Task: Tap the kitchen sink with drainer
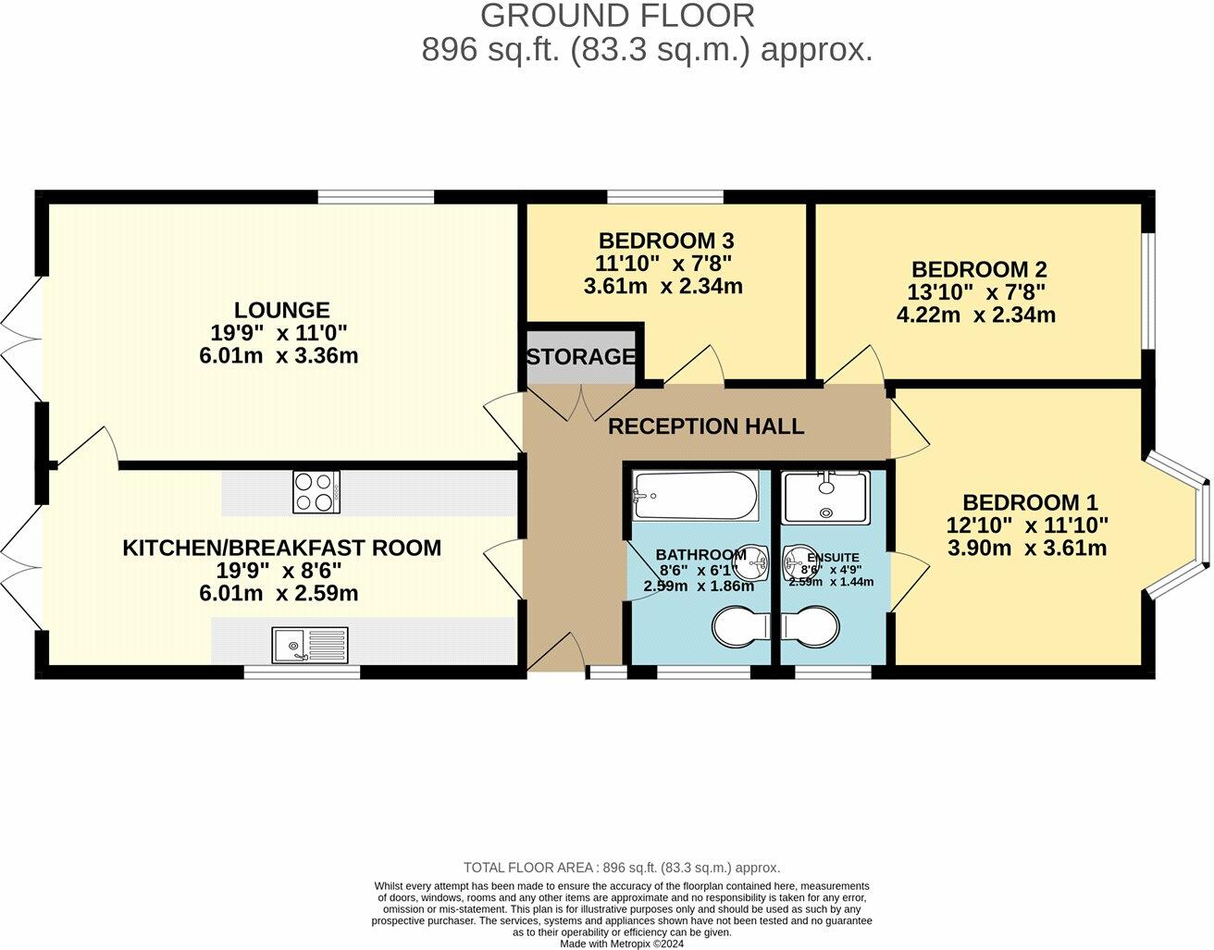click(x=310, y=645)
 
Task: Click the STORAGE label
click(x=581, y=356)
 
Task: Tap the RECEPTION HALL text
click(x=705, y=426)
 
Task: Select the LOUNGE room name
click(x=281, y=310)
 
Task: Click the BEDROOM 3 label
click(x=665, y=241)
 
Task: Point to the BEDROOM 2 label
click(x=978, y=269)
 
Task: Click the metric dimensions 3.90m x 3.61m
click(x=1027, y=548)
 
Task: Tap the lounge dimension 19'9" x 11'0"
click(x=279, y=333)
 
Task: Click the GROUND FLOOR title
click(x=617, y=16)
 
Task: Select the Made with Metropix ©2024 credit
click(x=622, y=944)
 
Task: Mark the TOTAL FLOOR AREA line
click(x=621, y=868)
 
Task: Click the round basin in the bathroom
click(x=756, y=559)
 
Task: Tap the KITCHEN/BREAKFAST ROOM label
click(x=281, y=548)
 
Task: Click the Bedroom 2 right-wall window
click(x=1147, y=290)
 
